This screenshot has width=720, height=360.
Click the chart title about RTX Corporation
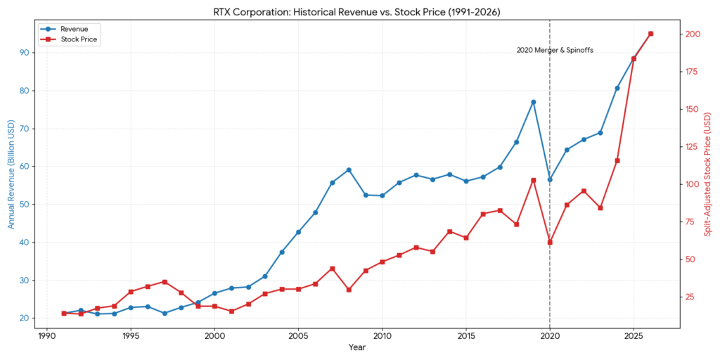click(x=359, y=12)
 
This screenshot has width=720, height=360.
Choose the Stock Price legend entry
click(x=73, y=40)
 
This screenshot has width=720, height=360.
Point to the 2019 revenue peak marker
click(x=533, y=102)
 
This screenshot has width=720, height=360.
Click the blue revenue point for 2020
click(x=550, y=179)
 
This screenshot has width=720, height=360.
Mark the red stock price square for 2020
click(x=550, y=243)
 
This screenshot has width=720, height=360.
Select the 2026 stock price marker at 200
click(x=650, y=34)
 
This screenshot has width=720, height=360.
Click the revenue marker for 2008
click(x=349, y=170)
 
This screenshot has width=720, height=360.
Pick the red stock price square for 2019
click(x=533, y=180)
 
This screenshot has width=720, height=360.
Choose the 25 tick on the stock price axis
click(x=693, y=297)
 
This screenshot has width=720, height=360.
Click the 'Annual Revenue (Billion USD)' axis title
click(x=11, y=174)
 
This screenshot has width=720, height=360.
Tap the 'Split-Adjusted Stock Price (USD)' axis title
click(x=708, y=174)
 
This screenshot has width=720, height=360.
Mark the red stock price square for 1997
click(x=165, y=282)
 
